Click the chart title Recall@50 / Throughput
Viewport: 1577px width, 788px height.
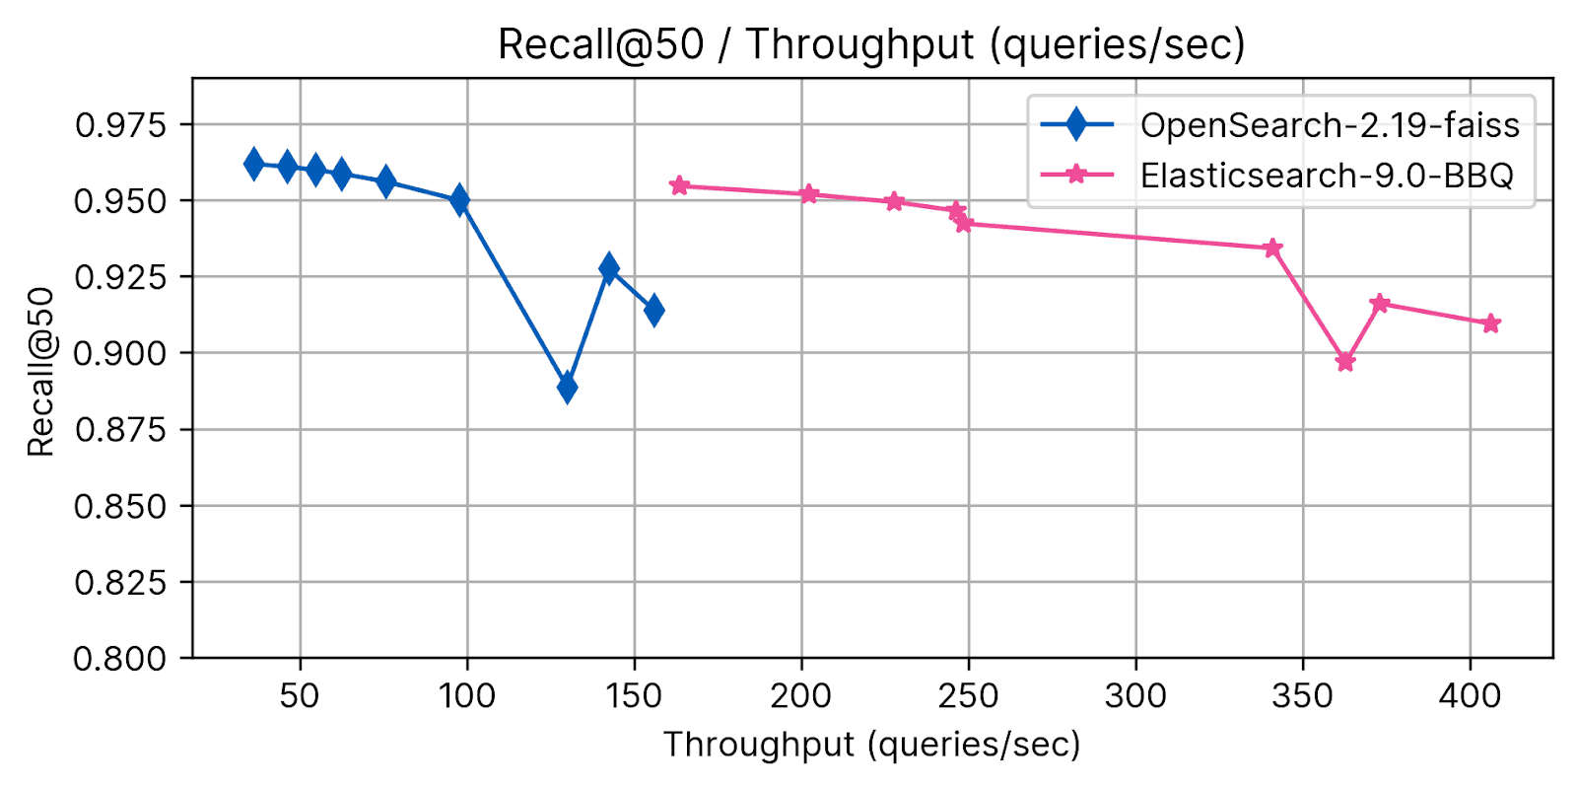pos(871,44)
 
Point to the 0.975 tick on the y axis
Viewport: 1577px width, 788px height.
pos(121,125)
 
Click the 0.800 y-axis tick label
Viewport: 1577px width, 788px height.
pos(121,658)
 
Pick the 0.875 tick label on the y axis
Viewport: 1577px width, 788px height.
pos(121,430)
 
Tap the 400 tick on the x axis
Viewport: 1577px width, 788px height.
pos(1470,696)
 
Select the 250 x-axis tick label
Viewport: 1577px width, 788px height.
pos(968,696)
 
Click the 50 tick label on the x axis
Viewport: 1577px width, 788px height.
pos(300,696)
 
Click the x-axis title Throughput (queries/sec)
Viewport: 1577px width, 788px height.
pos(871,745)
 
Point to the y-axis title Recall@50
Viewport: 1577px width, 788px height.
pos(40,372)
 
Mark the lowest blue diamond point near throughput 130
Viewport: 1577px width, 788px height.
pos(567,388)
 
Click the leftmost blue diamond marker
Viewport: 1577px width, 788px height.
pos(253,164)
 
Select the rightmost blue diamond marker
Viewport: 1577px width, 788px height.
pos(653,311)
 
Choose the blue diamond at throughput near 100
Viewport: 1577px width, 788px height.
pos(459,200)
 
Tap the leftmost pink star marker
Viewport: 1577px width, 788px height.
pos(679,185)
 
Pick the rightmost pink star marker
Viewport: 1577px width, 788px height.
pos(1491,323)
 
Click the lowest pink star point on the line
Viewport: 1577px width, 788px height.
pos(1345,362)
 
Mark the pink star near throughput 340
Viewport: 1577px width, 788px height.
pos(1272,248)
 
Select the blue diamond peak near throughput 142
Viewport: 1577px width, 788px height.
pos(609,267)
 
